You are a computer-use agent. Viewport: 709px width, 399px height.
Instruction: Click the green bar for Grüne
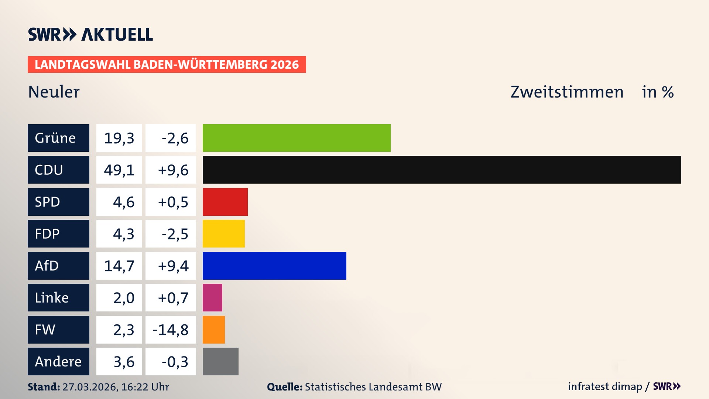point(297,138)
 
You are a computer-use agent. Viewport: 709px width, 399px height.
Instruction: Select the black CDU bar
point(442,170)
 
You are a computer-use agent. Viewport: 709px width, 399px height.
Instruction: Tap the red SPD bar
point(225,202)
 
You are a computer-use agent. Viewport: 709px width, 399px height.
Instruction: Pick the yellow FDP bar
point(223,233)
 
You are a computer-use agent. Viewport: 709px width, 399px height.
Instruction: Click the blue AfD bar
point(274,266)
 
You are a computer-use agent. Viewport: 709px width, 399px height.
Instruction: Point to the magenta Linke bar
point(212,297)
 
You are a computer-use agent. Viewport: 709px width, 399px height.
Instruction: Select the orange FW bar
point(213,330)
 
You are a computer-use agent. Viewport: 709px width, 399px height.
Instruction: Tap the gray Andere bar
point(220,361)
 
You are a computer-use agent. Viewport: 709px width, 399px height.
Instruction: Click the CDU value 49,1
point(119,170)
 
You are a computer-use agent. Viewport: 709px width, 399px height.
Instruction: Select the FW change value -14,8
point(171,330)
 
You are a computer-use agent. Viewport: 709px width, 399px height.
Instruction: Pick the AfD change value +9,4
point(173,266)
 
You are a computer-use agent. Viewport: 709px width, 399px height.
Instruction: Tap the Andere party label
point(58,361)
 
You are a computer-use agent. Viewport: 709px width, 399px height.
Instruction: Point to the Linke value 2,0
point(123,298)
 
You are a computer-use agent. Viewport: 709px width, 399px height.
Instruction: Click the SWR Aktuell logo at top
point(90,34)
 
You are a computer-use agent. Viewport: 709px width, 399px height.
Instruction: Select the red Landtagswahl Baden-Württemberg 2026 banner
point(167,64)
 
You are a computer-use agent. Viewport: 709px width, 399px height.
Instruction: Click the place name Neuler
point(54,92)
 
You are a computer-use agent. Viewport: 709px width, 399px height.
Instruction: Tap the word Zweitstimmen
point(567,92)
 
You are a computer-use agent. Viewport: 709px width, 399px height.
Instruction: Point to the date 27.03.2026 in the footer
point(90,387)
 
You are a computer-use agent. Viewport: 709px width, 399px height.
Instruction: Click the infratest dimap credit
point(605,386)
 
